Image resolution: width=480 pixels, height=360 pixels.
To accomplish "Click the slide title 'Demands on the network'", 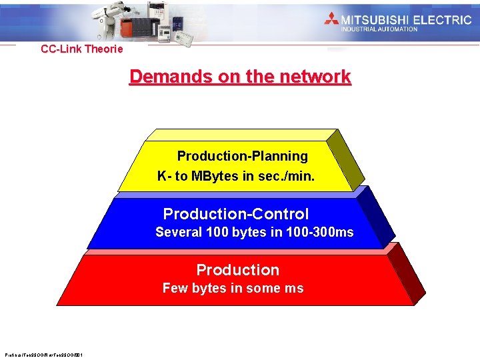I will pyautogui.click(x=240, y=77).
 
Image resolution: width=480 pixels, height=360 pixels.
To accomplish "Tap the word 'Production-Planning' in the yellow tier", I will pyautogui.click(x=242, y=156).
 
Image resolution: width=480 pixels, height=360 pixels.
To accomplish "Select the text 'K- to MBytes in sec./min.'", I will pyautogui.click(x=235, y=177).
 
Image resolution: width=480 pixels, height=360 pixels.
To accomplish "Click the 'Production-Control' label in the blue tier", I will pyautogui.click(x=236, y=214).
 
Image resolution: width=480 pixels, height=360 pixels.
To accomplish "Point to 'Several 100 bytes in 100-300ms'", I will pyautogui.click(x=254, y=233).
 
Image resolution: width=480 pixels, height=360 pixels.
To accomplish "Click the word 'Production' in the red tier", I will pyautogui.click(x=237, y=270).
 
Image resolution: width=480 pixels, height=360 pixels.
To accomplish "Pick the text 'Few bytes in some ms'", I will pyautogui.click(x=233, y=288).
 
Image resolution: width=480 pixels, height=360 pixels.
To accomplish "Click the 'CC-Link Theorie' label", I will pyautogui.click(x=82, y=49).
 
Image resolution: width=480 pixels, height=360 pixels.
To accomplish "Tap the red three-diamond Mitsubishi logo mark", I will pyautogui.click(x=331, y=19).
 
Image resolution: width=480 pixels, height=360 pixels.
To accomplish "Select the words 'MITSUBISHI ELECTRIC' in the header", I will pyautogui.click(x=406, y=19).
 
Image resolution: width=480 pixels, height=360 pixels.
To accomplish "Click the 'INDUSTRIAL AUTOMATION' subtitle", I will pyautogui.click(x=379, y=29).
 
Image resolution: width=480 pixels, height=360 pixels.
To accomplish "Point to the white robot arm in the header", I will pyautogui.click(x=110, y=20).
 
